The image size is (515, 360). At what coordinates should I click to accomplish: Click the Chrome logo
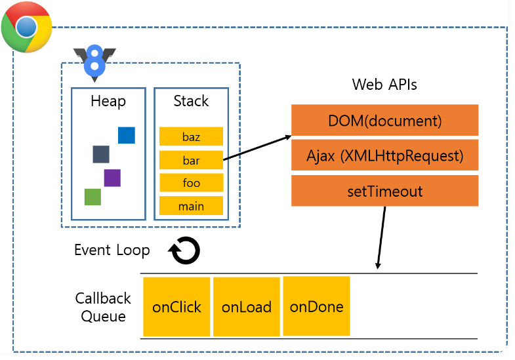pyautogui.click(x=27, y=27)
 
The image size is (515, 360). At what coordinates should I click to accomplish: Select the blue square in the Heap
pyautogui.click(x=127, y=135)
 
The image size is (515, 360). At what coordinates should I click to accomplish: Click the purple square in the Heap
pyautogui.click(x=112, y=178)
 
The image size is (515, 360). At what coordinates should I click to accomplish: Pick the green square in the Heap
pyautogui.click(x=93, y=197)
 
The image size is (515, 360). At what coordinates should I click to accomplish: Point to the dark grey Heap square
pyautogui.click(x=100, y=155)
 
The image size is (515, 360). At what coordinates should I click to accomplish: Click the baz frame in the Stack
pyautogui.click(x=191, y=137)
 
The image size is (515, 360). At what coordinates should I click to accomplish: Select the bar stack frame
pyautogui.click(x=191, y=160)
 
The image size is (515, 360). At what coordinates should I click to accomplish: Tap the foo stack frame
pyautogui.click(x=191, y=183)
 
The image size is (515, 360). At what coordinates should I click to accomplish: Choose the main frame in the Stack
pyautogui.click(x=191, y=206)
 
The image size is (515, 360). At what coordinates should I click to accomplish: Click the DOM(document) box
pyautogui.click(x=384, y=121)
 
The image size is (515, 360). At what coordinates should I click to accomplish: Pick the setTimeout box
pyautogui.click(x=384, y=191)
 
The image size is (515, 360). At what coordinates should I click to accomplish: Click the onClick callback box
pyautogui.click(x=176, y=307)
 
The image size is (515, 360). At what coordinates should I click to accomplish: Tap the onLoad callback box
pyautogui.click(x=247, y=307)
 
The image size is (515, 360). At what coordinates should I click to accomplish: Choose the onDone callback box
pyautogui.click(x=316, y=306)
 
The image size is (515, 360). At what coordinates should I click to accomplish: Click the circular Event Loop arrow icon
pyautogui.click(x=184, y=250)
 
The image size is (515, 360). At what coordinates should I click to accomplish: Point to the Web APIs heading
pyautogui.click(x=384, y=85)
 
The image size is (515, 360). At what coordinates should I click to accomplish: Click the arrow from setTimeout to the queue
pyautogui.click(x=381, y=236)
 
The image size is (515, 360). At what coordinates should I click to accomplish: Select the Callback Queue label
pyautogui.click(x=103, y=307)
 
